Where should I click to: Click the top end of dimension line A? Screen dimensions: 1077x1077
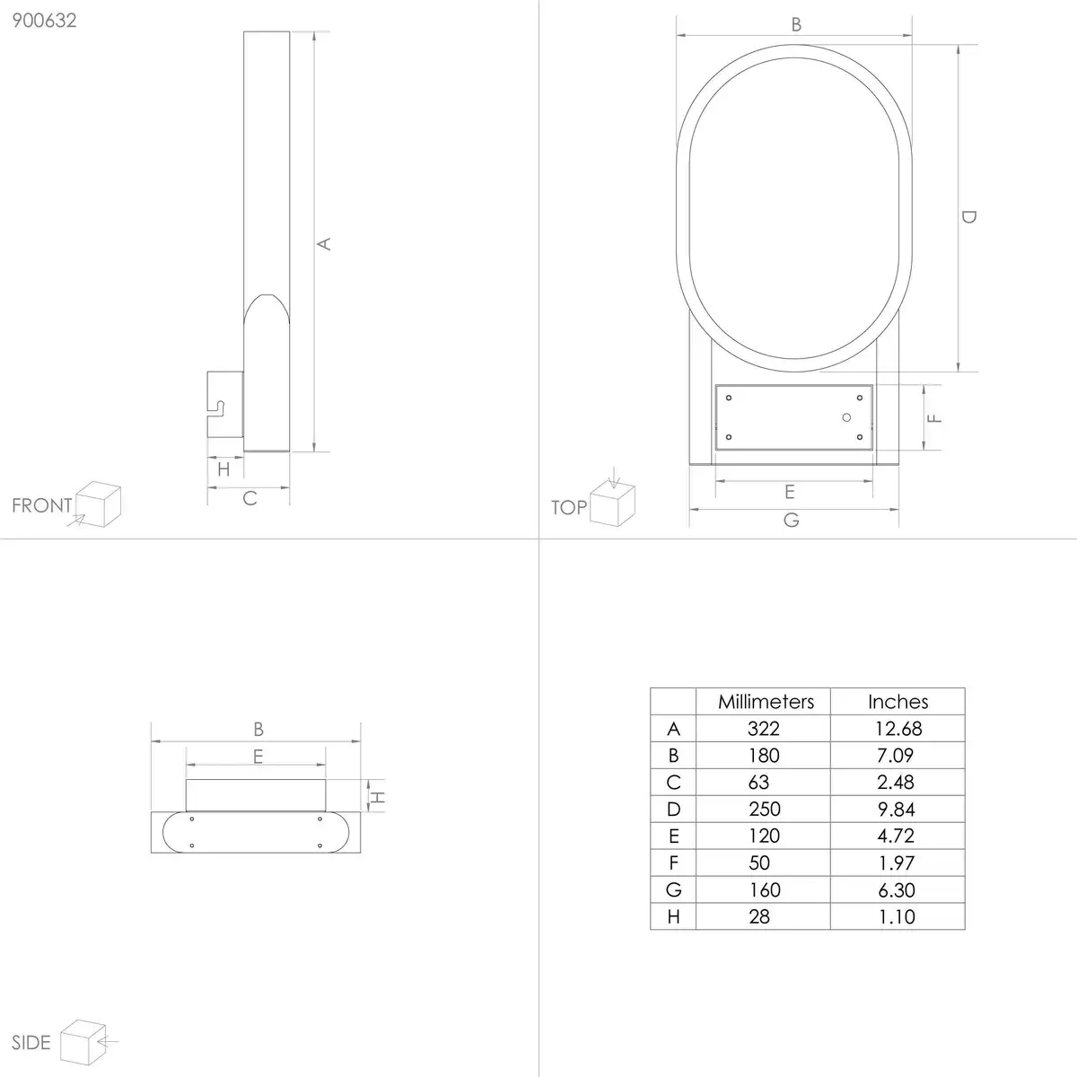point(314,31)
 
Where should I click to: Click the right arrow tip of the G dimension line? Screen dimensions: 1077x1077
point(898,509)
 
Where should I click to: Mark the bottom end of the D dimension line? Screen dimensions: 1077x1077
point(958,372)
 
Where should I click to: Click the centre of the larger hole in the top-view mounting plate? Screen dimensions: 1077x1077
point(846,417)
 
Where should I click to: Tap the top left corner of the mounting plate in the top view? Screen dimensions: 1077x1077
point(716,385)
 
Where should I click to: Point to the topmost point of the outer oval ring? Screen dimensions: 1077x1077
point(794,45)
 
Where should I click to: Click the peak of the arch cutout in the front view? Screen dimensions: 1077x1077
point(267,294)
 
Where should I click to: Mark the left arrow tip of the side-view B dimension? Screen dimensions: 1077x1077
point(152,741)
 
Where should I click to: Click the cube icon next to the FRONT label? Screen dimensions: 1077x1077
point(99,503)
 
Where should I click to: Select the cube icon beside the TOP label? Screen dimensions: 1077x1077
point(613,504)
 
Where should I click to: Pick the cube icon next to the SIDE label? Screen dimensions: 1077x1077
point(83,1042)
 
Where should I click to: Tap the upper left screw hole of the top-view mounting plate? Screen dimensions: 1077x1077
point(729,398)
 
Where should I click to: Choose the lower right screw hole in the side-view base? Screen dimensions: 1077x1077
point(320,845)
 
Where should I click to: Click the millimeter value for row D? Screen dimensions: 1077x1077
point(764,809)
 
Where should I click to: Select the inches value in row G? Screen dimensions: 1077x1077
point(896,889)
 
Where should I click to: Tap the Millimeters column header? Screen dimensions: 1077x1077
point(766,702)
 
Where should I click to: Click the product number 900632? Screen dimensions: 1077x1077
point(44,21)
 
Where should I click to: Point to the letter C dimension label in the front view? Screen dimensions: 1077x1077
point(250,498)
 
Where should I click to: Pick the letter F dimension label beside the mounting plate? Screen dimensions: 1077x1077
point(934,417)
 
